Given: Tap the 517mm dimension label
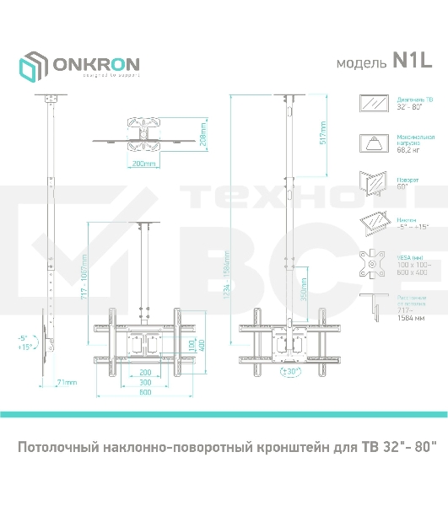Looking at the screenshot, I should pos(323,133).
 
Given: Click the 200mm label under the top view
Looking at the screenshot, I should pos(145,164).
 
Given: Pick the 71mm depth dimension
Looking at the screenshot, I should pos(66,382).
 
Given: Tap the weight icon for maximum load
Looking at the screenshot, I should pos(371,143).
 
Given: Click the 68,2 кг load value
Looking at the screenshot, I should pos(409,151).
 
